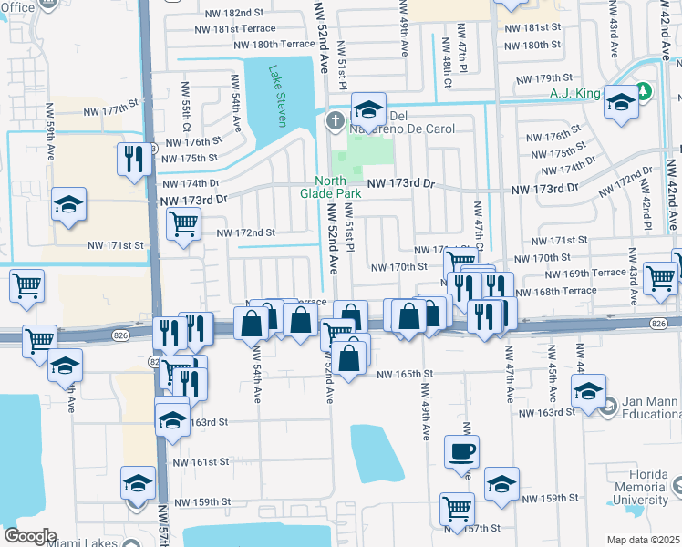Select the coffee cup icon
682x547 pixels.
pos(461,451)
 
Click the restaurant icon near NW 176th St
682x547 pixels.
pos(134,160)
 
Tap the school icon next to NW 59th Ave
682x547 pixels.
pos(68,206)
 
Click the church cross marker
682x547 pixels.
pos(336,120)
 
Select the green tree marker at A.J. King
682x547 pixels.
pos(644,92)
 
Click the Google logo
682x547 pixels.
pos(29,536)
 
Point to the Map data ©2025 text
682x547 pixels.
pos(643,540)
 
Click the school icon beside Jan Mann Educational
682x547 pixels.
pos(588,391)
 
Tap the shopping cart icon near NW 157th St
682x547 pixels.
pos(457,509)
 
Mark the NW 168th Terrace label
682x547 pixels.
pos(555,292)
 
